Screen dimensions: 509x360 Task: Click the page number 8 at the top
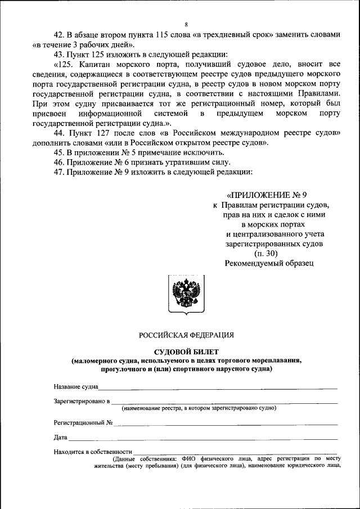click(x=185, y=24)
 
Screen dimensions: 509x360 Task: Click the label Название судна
click(x=76, y=387)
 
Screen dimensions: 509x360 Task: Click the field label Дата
click(x=61, y=437)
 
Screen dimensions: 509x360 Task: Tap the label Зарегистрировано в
click(x=82, y=402)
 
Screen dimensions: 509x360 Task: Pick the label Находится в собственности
click(x=93, y=451)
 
